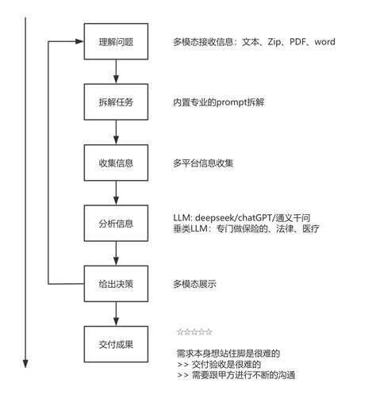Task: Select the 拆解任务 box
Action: click(117, 102)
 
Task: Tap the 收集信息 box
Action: click(117, 163)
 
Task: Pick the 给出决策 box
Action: click(117, 283)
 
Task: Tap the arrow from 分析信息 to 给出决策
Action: click(117, 253)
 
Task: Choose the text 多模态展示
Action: click(194, 283)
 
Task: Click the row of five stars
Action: click(194, 331)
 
